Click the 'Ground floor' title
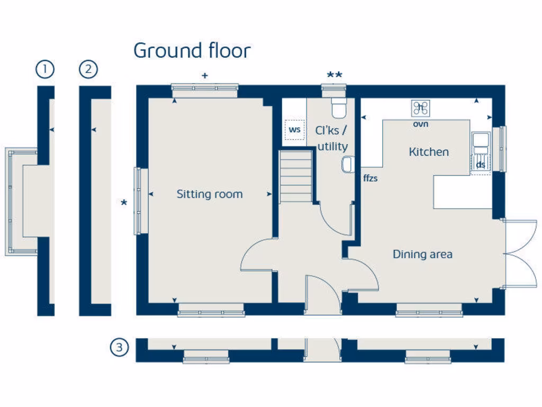pyautogui.click(x=192, y=51)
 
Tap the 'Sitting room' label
pyautogui.click(x=210, y=194)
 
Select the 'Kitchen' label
pyautogui.click(x=429, y=152)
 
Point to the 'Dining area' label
pyautogui.click(x=422, y=254)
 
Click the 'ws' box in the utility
pyautogui.click(x=295, y=129)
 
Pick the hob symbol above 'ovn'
pyautogui.click(x=421, y=109)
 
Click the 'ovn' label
pyautogui.click(x=421, y=125)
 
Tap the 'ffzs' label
pyautogui.click(x=371, y=179)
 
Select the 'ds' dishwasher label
pyautogui.click(x=481, y=165)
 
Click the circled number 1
pyautogui.click(x=45, y=69)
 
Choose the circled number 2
pyautogui.click(x=88, y=69)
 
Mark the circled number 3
pyautogui.click(x=119, y=348)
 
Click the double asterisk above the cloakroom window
pyautogui.click(x=335, y=75)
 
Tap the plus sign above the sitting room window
pyautogui.click(x=205, y=76)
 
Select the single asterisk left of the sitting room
pyautogui.click(x=124, y=203)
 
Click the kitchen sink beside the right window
pyautogui.click(x=481, y=140)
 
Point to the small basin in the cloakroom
pyautogui.click(x=347, y=165)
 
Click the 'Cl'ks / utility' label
pyautogui.click(x=331, y=138)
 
